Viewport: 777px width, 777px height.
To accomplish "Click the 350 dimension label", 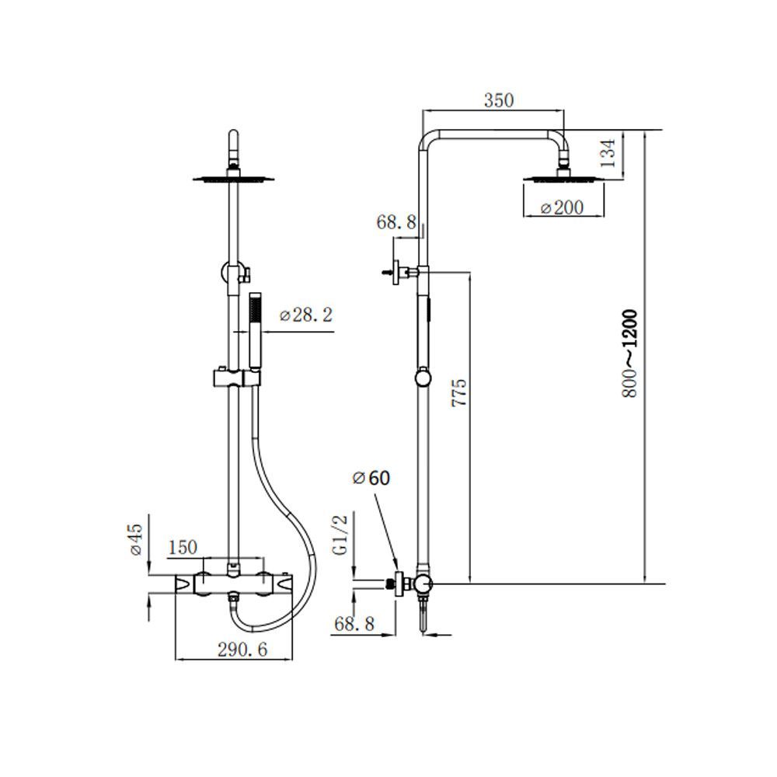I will click(499, 100).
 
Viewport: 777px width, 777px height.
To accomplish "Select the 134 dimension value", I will click(610, 153).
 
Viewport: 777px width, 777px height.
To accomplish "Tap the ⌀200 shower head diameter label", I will click(561, 207).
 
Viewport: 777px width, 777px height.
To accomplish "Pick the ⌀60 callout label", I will click(371, 478).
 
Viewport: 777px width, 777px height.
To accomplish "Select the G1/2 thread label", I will click(339, 535).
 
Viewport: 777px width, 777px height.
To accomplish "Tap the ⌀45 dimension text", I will click(135, 538).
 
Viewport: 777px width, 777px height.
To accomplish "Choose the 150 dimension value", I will click(183, 547).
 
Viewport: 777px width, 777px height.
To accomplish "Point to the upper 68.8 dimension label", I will click(397, 222).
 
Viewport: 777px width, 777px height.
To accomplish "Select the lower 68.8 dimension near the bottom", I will click(354, 623).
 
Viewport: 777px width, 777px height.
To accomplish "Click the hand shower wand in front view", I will click(255, 334).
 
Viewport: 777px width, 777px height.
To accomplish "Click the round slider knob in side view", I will click(422, 378).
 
